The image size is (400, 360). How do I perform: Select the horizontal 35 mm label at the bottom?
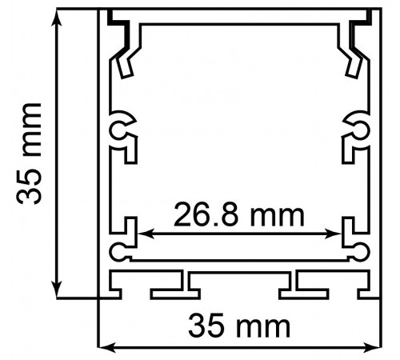pos(238,327)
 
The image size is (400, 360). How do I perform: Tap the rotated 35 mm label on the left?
pos(32,153)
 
